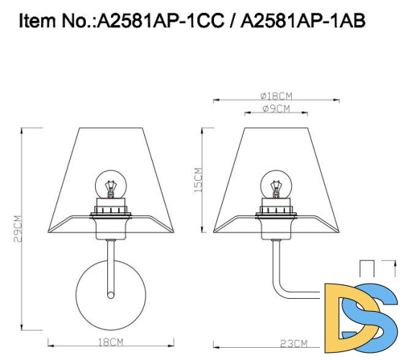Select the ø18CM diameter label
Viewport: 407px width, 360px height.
pyautogui.click(x=275, y=96)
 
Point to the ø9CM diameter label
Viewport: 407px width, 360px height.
pyautogui.click(x=276, y=109)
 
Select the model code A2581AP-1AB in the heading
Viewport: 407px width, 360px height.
pyautogui.click(x=303, y=21)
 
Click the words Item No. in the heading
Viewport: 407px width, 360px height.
pyautogui.click(x=55, y=21)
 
